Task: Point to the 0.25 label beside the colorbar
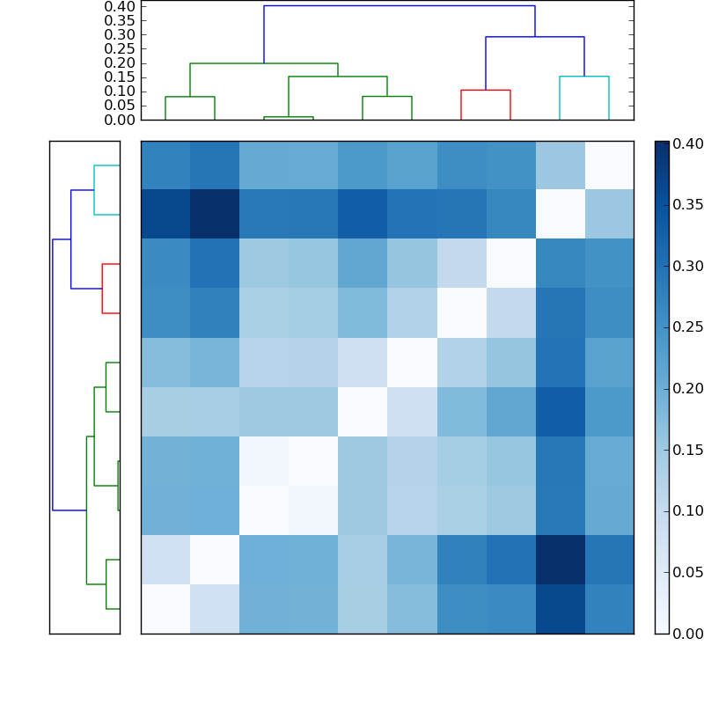[687, 326]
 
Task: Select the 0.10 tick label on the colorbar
[687, 510]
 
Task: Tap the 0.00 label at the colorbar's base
[687, 633]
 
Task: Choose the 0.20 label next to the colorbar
[687, 388]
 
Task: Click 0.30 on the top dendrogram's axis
[121, 35]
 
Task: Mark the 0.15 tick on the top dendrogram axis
[121, 77]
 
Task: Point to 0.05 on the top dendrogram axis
[121, 106]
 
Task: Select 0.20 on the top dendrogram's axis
[121, 63]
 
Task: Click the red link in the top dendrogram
[486, 91]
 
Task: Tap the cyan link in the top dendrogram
[584, 77]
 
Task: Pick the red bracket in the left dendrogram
[103, 288]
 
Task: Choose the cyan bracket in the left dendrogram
[95, 189]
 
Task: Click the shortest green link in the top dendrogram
[289, 117]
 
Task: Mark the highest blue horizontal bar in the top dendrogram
[400, 6]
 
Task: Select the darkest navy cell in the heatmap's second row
[215, 214]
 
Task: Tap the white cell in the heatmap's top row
[609, 165]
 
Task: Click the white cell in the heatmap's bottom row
[165, 608]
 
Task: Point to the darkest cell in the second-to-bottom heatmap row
[560, 559]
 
